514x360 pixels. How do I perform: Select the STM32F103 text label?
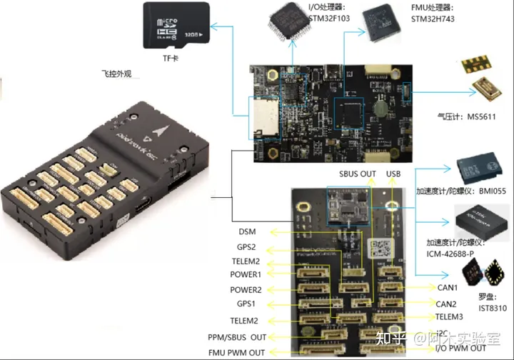point(329,18)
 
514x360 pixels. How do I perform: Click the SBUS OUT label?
point(357,174)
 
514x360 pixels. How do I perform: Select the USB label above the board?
point(394,174)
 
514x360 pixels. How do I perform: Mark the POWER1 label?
point(246,275)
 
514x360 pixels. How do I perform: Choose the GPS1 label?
point(246,304)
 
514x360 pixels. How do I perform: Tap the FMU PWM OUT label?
point(236,352)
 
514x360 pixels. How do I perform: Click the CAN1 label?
point(447,288)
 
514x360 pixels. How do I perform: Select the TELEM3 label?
point(450,316)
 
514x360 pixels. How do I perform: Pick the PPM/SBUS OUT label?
point(237,336)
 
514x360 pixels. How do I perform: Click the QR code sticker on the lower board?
point(379,249)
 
